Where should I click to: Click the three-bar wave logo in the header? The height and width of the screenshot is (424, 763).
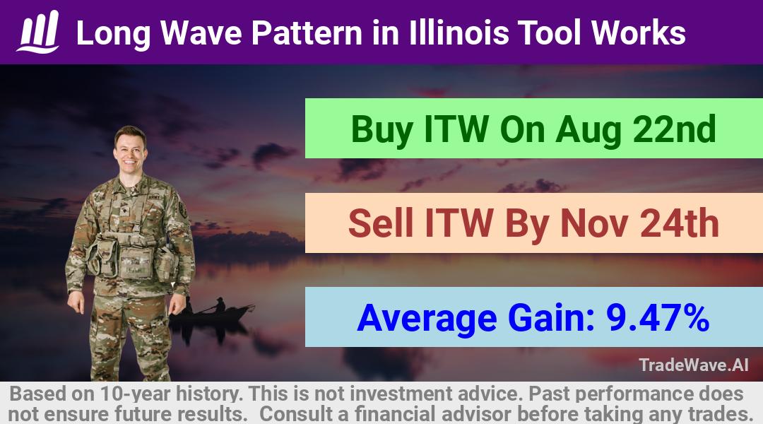pyautogui.click(x=38, y=32)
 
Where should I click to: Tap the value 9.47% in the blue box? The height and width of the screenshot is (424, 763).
pyautogui.click(x=658, y=318)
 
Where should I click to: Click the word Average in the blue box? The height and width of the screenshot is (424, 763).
pyautogui.click(x=427, y=319)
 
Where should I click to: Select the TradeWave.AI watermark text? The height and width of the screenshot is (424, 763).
pyautogui.click(x=694, y=365)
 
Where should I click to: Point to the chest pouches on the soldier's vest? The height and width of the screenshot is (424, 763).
pyautogui.click(x=132, y=257)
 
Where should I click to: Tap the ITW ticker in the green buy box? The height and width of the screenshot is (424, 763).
pyautogui.click(x=456, y=129)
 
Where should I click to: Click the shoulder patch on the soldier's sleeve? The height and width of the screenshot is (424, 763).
pyautogui.click(x=183, y=209)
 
